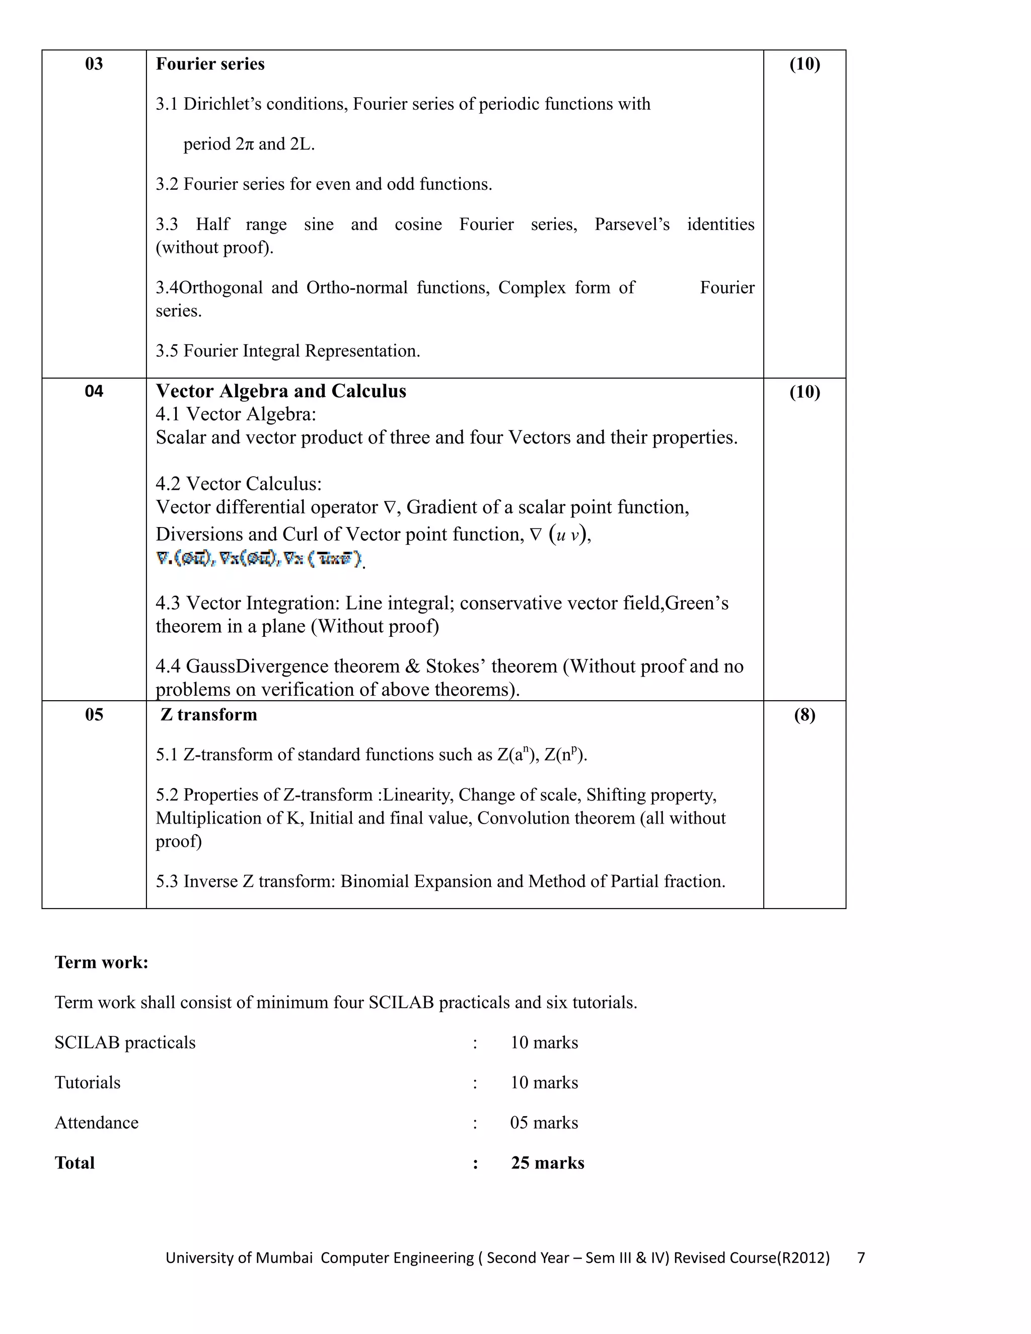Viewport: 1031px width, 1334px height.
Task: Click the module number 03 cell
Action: click(94, 63)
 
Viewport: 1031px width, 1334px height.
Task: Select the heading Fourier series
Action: click(209, 63)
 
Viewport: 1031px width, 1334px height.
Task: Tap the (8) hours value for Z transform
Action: click(804, 715)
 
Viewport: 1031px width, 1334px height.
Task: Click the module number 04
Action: click(94, 391)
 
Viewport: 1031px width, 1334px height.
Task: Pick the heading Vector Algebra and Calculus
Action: click(280, 391)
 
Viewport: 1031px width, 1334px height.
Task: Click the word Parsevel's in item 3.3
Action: click(632, 224)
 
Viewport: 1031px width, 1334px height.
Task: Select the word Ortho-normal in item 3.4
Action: click(357, 287)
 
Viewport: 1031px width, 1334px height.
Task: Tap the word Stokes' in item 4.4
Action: click(455, 666)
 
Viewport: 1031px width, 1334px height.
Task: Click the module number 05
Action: click(94, 715)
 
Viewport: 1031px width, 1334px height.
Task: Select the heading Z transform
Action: click(208, 715)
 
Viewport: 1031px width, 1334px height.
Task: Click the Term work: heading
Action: click(101, 962)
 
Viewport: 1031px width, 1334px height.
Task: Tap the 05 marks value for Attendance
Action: click(544, 1123)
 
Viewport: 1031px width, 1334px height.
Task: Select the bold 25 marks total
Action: click(547, 1163)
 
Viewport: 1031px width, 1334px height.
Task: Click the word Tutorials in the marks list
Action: click(87, 1082)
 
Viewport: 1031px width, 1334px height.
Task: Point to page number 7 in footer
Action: click(860, 1257)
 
